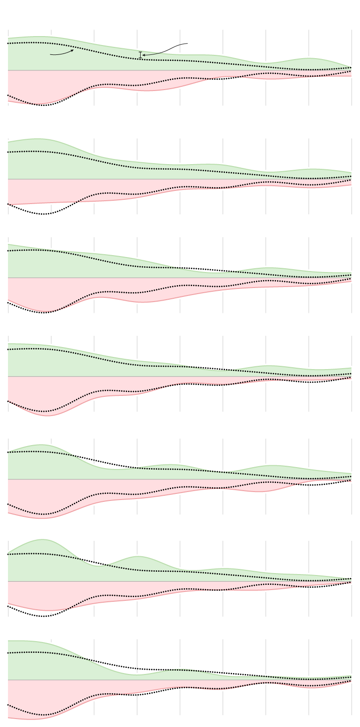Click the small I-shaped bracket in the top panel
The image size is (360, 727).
tap(140, 55)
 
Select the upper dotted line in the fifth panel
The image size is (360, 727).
tap(94, 460)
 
